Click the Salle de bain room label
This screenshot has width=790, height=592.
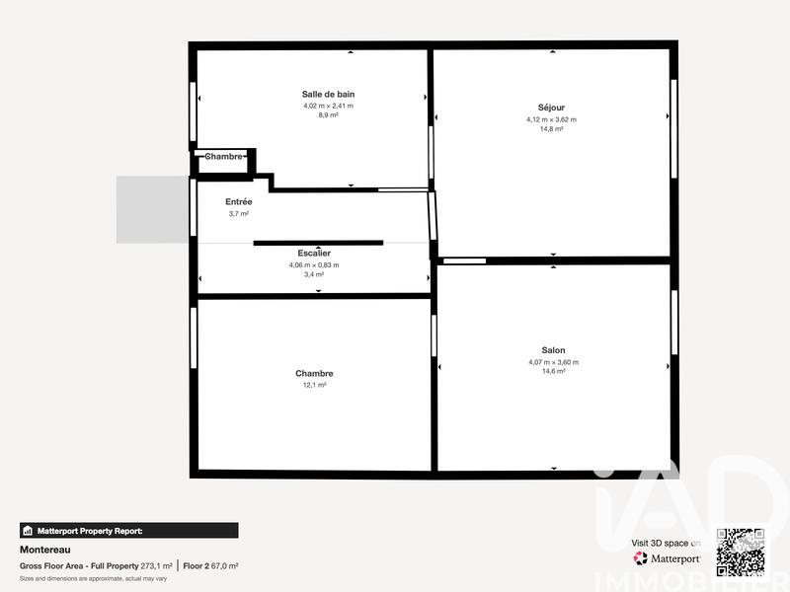328,94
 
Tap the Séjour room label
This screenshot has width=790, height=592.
551,108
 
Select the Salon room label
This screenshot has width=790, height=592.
553,350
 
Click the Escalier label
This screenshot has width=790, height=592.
314,254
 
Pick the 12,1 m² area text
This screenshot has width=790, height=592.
314,385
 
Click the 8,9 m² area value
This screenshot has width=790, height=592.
328,115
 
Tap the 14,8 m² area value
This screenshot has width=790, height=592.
551,129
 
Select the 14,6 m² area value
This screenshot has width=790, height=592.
553,372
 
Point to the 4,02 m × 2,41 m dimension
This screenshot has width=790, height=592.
328,106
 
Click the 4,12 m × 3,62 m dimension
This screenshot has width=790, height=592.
551,119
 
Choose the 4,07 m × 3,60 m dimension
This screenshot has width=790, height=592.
553,362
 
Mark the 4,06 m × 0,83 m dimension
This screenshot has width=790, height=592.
314,264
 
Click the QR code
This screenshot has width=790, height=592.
741,553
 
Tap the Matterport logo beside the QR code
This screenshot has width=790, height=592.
667,557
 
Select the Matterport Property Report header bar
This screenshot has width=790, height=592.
128,530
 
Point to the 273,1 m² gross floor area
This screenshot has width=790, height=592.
156,566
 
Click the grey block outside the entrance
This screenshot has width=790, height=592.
152,209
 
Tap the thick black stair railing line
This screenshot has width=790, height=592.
318,242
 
